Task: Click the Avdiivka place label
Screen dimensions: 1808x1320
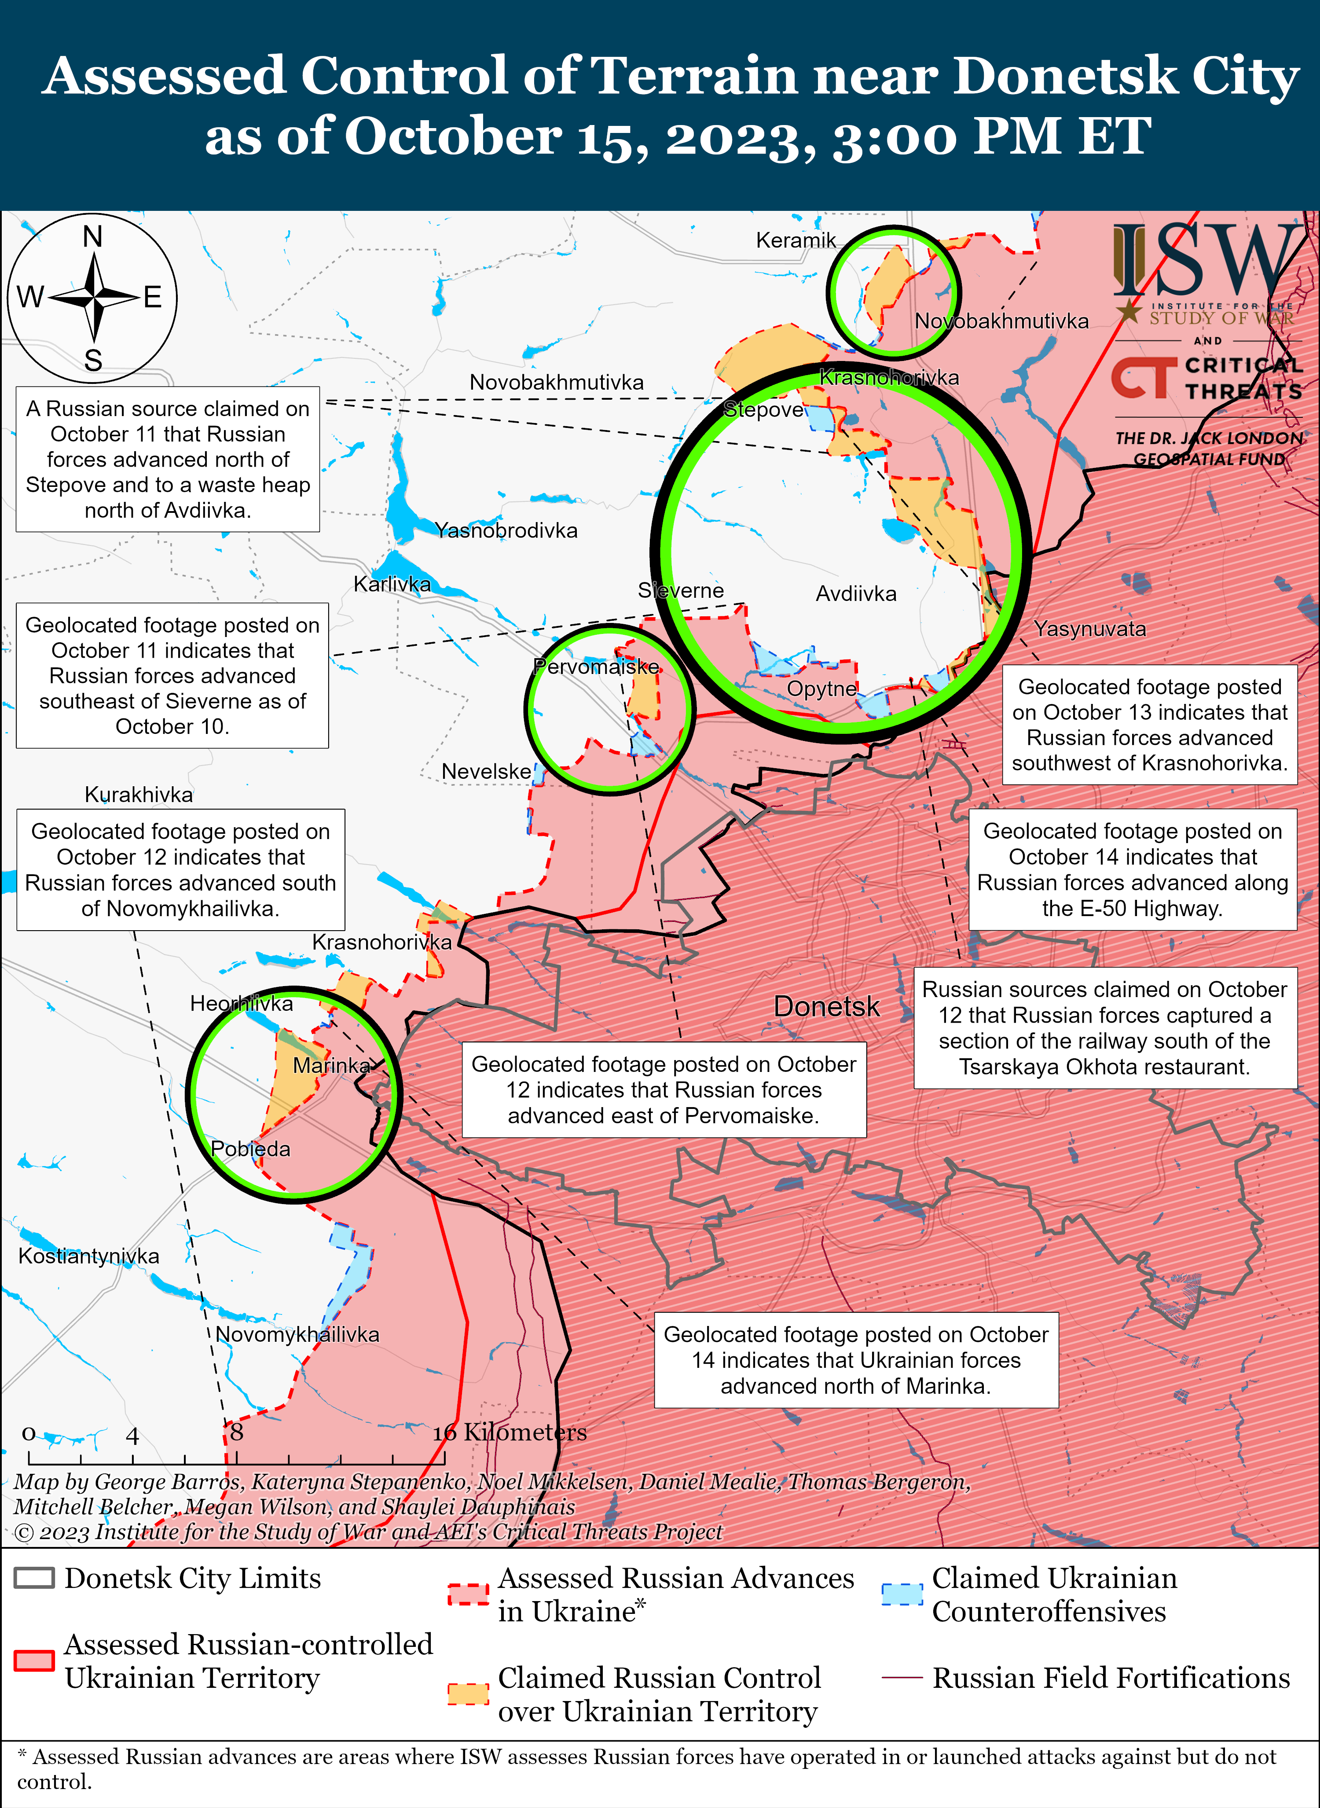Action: pyautogui.click(x=856, y=594)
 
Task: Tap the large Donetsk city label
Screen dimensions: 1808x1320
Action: pyautogui.click(x=826, y=1006)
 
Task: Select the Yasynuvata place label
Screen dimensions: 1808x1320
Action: pyautogui.click(x=1090, y=629)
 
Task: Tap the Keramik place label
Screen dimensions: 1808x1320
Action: pyautogui.click(x=796, y=240)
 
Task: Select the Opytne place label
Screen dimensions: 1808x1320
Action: pyautogui.click(x=821, y=689)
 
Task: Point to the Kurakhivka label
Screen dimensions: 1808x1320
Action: pyautogui.click(x=139, y=795)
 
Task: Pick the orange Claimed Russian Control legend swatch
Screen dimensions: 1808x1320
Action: pyautogui.click(x=468, y=1694)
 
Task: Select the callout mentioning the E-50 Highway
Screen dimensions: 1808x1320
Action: pyautogui.click(x=1132, y=869)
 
